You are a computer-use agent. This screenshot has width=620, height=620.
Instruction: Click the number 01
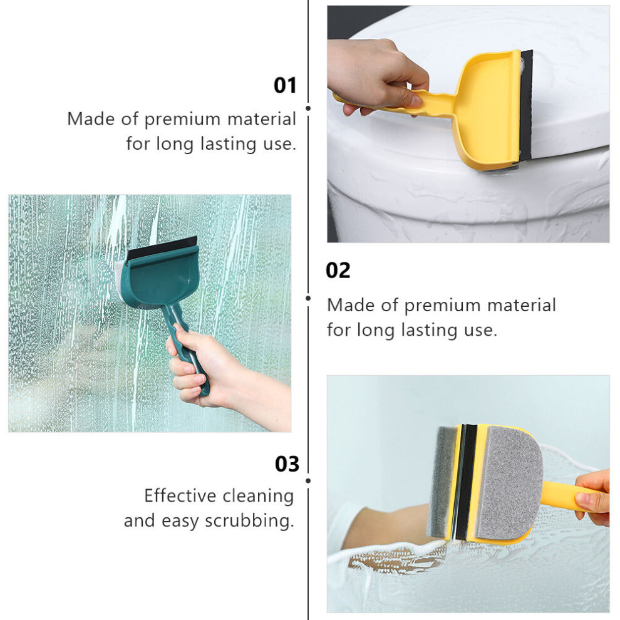285,85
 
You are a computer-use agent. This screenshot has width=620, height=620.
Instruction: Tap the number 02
338,271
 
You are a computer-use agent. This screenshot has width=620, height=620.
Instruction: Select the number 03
287,464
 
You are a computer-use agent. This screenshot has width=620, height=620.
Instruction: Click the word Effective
180,495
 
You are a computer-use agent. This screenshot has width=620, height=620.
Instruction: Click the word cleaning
257,496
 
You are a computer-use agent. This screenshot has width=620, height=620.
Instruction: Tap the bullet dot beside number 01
308,108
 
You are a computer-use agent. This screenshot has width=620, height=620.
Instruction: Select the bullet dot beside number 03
308,480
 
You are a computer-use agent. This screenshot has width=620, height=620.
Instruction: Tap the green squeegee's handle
184,348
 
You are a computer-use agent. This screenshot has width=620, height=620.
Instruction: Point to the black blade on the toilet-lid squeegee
526,106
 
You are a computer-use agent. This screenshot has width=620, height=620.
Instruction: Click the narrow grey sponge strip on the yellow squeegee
442,482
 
